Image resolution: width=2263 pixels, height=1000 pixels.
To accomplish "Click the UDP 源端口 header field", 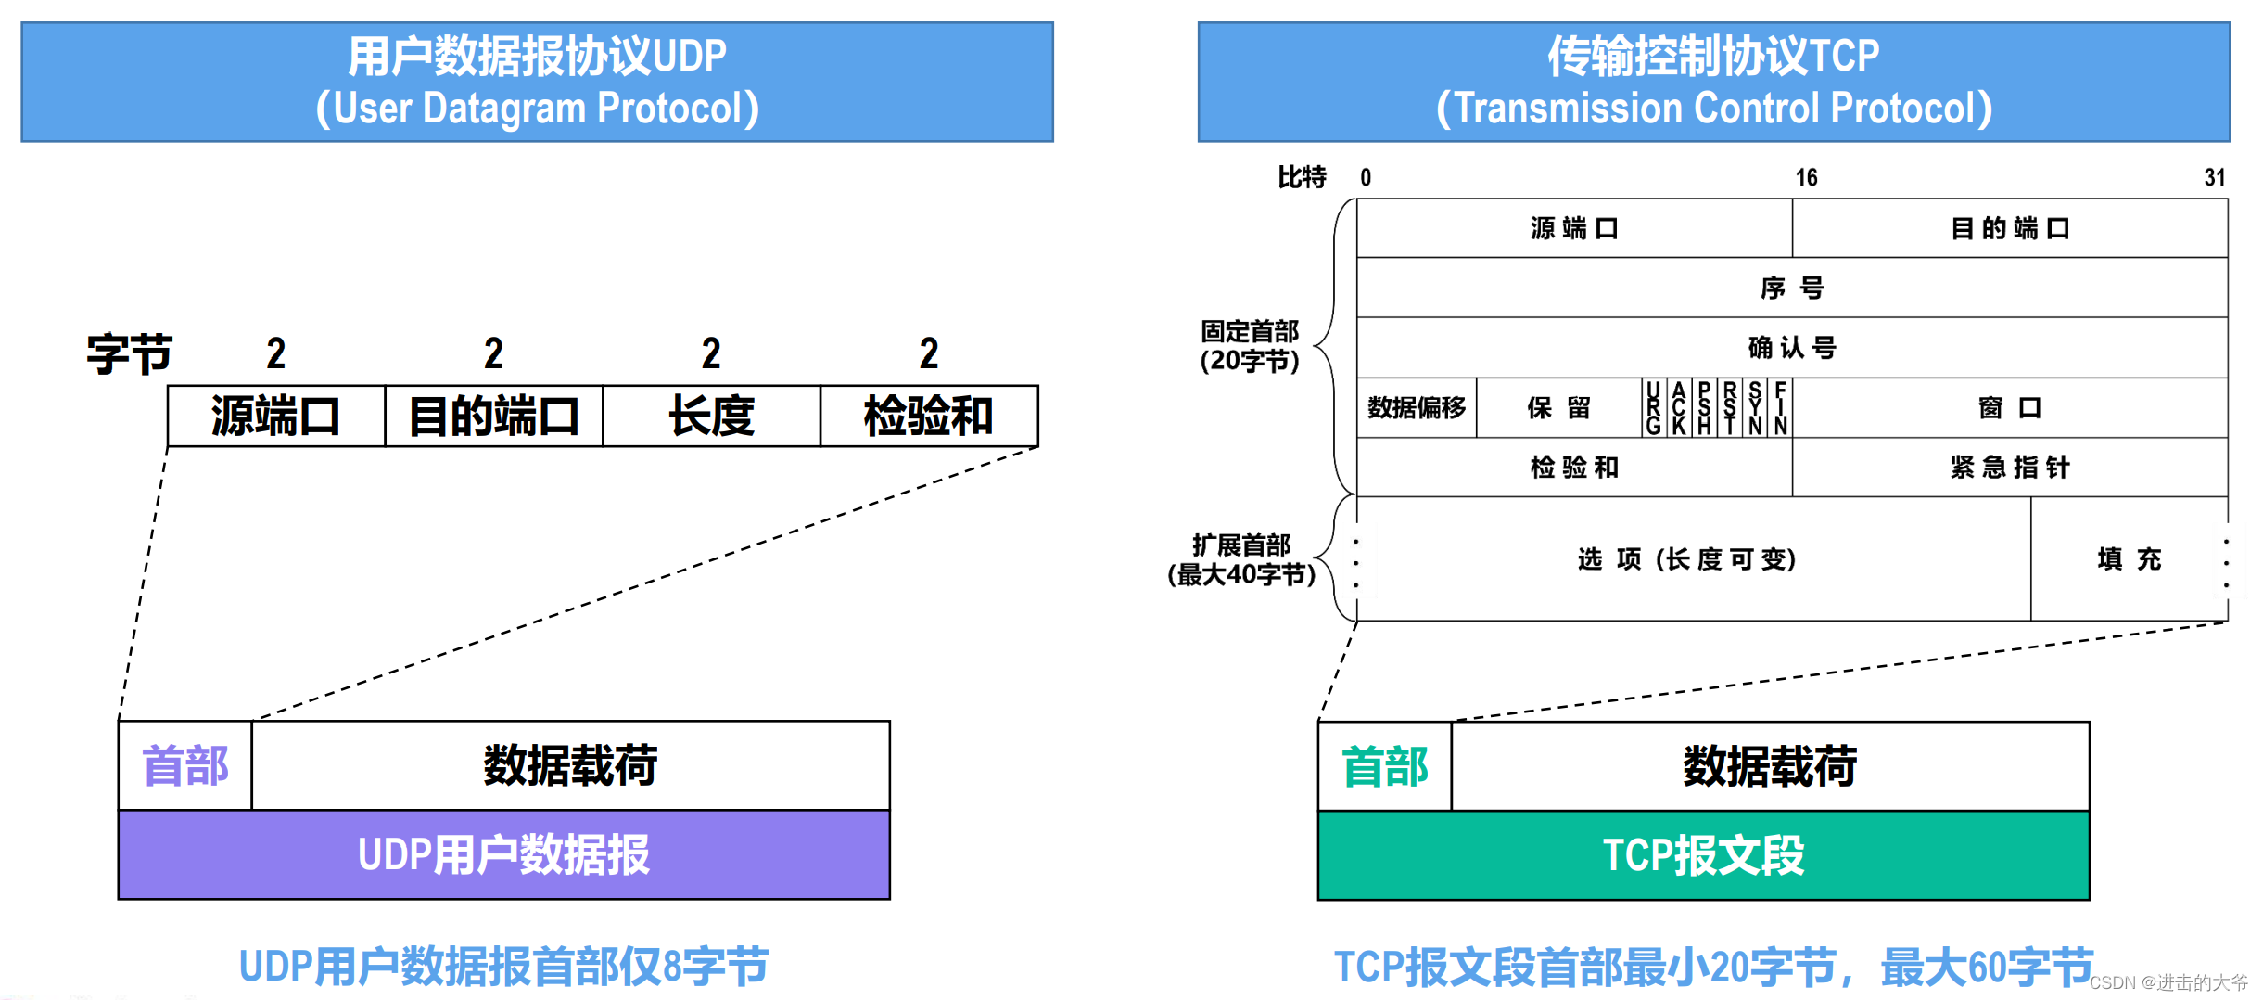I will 275,416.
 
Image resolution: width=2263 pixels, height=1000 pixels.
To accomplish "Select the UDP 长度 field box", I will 711,416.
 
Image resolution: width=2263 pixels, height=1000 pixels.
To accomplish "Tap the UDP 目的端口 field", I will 493,416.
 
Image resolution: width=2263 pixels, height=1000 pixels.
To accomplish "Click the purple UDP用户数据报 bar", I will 503,854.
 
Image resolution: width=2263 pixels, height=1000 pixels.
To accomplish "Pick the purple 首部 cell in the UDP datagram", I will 185,766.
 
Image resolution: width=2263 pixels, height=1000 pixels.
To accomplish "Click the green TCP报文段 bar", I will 1703,855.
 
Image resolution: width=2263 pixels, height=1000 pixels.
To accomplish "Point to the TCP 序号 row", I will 1792,288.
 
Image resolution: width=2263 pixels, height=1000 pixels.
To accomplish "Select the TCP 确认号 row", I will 1792,348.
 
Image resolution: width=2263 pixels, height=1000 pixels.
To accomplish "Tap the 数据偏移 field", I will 1417,407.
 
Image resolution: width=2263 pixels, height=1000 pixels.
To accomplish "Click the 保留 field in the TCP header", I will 1558,407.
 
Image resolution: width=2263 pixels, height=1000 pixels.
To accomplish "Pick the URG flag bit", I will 1653,408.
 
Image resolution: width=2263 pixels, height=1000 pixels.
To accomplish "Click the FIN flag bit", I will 1780,408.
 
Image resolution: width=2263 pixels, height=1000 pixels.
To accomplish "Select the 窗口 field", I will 2009,407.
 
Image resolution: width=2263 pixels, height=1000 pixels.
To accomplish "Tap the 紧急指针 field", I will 2009,468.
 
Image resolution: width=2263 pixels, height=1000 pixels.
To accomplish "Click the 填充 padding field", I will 2129,558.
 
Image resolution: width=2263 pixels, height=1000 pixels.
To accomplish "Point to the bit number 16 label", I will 1806,177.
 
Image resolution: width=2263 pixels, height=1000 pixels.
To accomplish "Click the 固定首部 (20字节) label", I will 1250,346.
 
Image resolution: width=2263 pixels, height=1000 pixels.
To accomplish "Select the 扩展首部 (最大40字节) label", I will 1241,559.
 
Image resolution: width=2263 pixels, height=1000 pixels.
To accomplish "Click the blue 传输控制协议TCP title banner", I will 1713,82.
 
